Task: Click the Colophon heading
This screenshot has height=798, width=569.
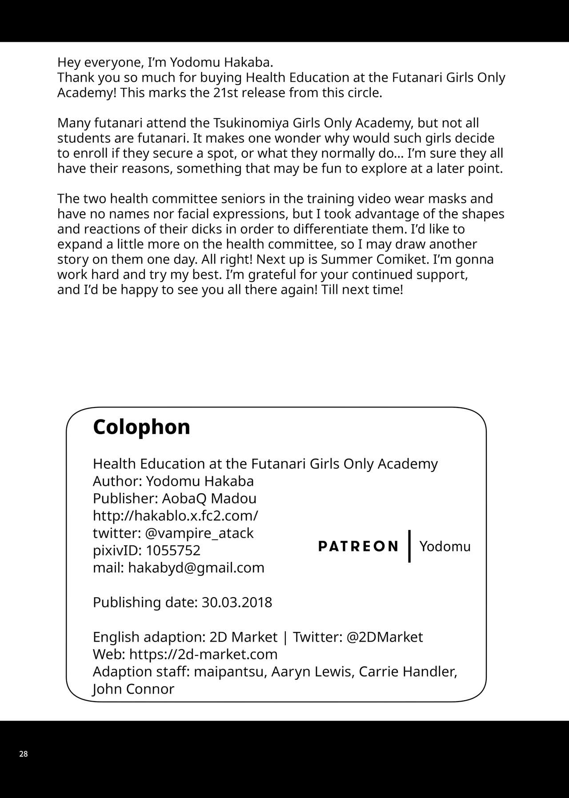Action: pos(141,427)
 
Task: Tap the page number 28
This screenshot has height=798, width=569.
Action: pos(24,754)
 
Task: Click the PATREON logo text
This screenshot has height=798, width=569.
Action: pos(358,546)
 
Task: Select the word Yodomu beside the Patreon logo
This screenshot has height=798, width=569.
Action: pos(445,546)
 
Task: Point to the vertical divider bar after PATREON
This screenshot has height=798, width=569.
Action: pos(409,546)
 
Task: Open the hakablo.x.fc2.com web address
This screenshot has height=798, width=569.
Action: pos(175,515)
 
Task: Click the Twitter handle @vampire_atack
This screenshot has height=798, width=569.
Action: pos(199,533)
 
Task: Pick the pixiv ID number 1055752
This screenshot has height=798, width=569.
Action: pos(173,550)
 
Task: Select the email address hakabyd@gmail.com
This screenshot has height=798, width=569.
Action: pos(196,567)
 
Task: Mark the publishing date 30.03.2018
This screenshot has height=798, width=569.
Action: pos(236,602)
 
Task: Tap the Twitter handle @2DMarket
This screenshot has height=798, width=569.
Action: pos(385,637)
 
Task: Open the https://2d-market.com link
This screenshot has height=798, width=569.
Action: pos(203,654)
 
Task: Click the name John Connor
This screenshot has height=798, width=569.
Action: pos(133,689)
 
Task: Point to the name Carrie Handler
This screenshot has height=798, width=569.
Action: pos(408,671)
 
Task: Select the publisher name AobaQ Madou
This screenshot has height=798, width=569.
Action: pos(209,498)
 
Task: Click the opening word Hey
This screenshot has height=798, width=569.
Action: pos(68,63)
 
